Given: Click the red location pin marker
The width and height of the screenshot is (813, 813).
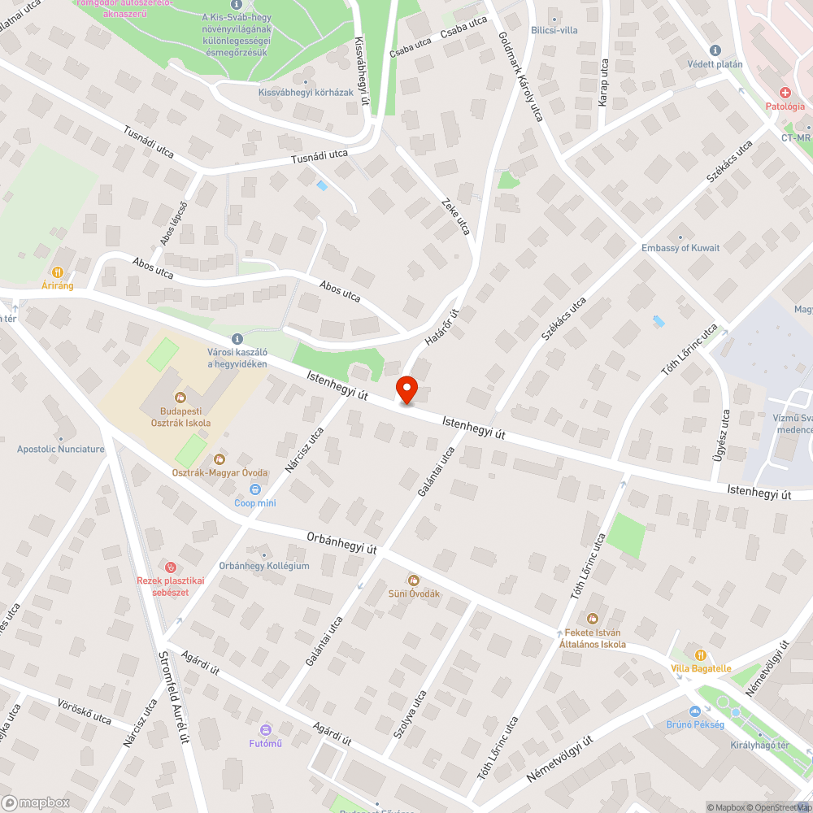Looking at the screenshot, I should click(x=406, y=389).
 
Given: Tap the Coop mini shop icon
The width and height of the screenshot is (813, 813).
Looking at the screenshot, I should click(x=256, y=489).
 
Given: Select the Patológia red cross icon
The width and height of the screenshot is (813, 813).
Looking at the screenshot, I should click(x=785, y=93).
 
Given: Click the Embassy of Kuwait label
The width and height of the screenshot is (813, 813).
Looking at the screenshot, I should click(x=680, y=248).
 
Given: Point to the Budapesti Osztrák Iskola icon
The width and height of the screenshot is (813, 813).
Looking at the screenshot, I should click(x=180, y=398).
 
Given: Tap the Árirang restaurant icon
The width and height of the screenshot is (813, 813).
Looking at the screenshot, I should click(x=58, y=272).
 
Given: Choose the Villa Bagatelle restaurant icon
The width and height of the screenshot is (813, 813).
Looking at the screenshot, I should click(x=701, y=654).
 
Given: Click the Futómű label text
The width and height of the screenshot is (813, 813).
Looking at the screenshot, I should click(x=265, y=742).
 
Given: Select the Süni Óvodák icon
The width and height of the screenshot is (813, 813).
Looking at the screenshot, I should click(x=414, y=580).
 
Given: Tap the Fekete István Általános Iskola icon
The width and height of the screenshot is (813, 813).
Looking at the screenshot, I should click(x=592, y=620).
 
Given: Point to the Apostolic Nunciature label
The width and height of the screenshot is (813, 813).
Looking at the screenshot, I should click(x=61, y=449).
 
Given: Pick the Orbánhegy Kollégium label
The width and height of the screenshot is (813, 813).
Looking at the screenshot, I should click(x=264, y=566).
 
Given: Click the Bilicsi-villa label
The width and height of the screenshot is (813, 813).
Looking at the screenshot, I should click(x=554, y=30).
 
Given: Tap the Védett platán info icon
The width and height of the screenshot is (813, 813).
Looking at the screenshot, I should click(x=715, y=50).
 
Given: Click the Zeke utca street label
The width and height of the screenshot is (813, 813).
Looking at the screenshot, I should click(x=455, y=215).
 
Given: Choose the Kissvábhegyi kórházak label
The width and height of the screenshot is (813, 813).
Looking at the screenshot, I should click(x=306, y=92).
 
